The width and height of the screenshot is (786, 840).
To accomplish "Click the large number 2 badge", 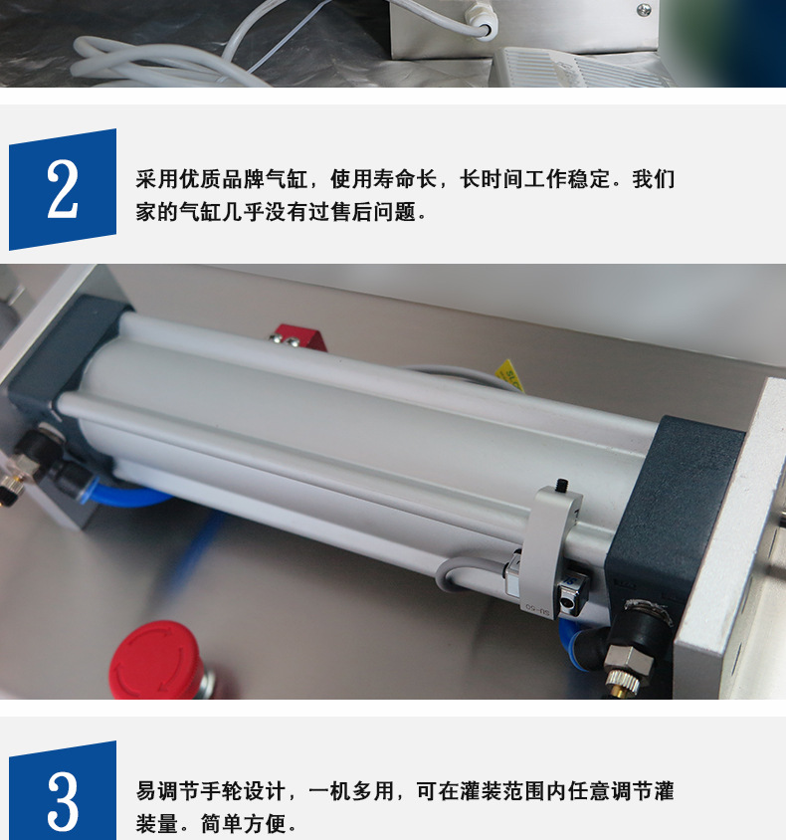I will (62, 189).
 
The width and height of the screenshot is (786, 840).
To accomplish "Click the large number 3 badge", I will (62, 797).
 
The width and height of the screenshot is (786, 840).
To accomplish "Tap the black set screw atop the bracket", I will (561, 486).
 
